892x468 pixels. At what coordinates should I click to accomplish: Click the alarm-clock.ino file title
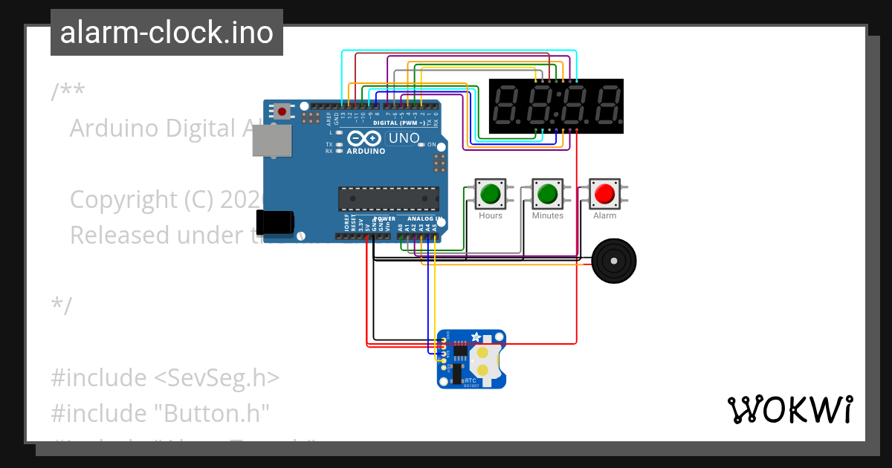pos(167,33)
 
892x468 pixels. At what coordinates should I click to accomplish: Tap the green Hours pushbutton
pos(490,194)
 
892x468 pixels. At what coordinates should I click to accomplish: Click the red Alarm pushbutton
pos(604,194)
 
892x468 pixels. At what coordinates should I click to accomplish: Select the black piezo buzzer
pos(613,261)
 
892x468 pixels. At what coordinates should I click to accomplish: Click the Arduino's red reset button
pos(282,111)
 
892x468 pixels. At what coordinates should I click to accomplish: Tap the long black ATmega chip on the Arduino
pos(388,198)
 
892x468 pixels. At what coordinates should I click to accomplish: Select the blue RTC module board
pos(471,359)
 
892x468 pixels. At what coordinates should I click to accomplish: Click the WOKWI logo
pos(789,409)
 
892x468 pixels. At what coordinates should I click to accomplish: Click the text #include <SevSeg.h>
pos(165,377)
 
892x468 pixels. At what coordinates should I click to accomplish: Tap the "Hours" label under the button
pos(490,215)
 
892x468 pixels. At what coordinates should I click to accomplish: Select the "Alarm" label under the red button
pos(604,215)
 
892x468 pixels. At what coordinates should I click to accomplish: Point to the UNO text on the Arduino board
pos(404,138)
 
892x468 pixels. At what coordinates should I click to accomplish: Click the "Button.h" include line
pos(160,413)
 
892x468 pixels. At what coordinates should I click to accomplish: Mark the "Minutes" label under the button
pos(547,215)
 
